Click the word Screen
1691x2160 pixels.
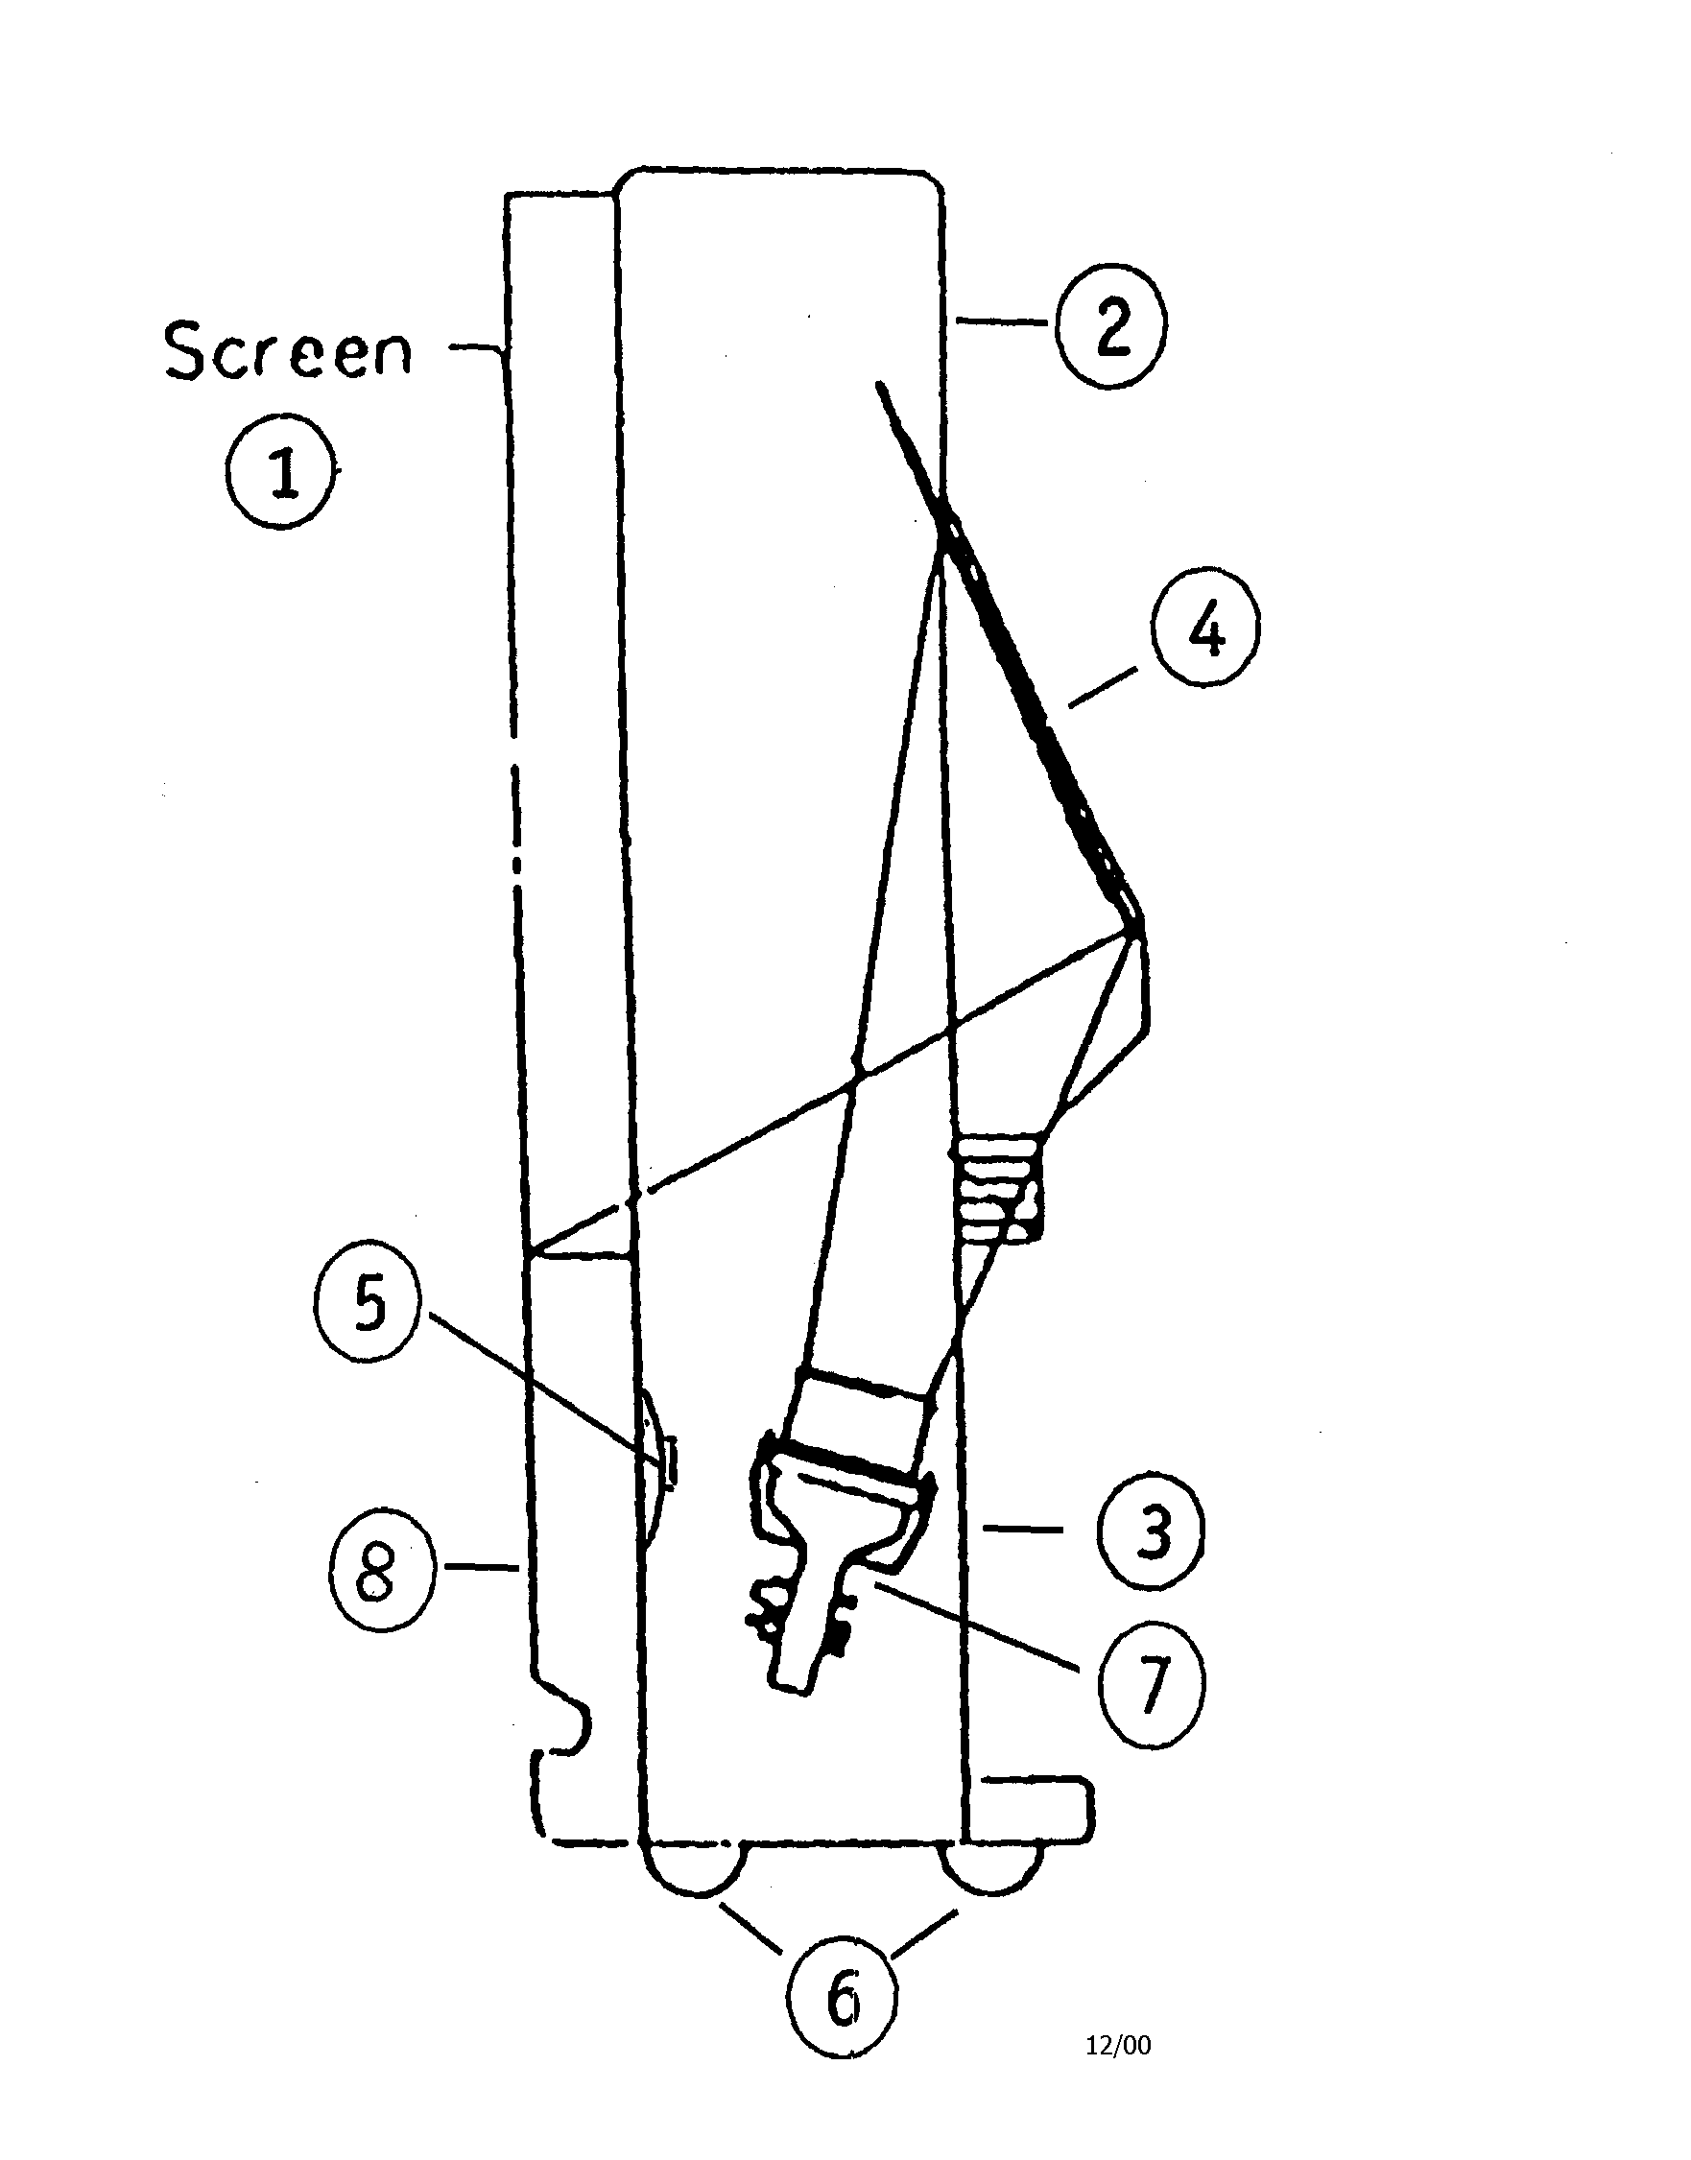tap(288, 351)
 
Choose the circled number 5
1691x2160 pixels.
tap(369, 1306)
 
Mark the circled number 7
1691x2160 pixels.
tap(1152, 1681)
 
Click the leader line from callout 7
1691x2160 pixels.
tap(980, 1624)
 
